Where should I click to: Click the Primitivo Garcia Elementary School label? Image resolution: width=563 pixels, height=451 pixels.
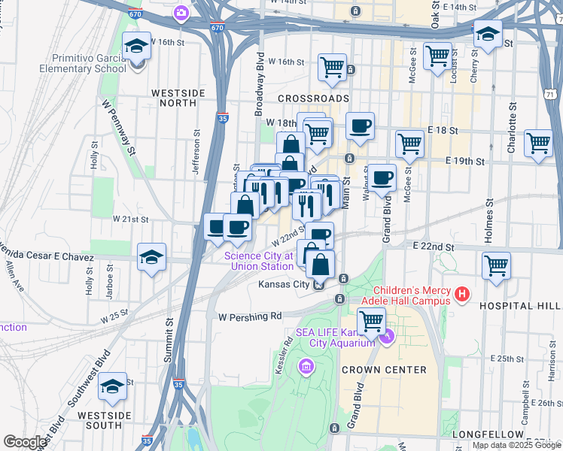coord(89,64)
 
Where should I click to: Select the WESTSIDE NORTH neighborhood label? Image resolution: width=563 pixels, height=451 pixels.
coord(178,98)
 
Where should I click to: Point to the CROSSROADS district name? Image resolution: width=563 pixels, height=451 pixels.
coord(313,98)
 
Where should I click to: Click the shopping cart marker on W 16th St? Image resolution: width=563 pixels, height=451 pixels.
coord(332,67)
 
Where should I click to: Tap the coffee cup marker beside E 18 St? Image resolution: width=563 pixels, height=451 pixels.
coord(361,126)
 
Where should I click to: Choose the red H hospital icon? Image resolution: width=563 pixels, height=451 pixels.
coord(462,295)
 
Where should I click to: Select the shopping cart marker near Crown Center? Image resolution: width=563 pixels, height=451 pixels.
coord(371,321)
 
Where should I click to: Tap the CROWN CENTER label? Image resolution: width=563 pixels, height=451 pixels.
coord(384,370)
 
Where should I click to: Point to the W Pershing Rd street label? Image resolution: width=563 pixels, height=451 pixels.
coord(249,316)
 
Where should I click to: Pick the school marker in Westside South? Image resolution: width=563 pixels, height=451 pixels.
coord(113,386)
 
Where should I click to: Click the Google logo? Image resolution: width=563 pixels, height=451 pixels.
coord(25,442)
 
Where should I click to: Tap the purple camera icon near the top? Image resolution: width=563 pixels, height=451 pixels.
coord(181,12)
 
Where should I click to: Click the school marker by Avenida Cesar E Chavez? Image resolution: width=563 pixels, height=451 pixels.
coord(151,258)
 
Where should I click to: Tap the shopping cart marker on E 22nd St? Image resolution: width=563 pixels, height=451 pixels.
coord(496,265)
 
